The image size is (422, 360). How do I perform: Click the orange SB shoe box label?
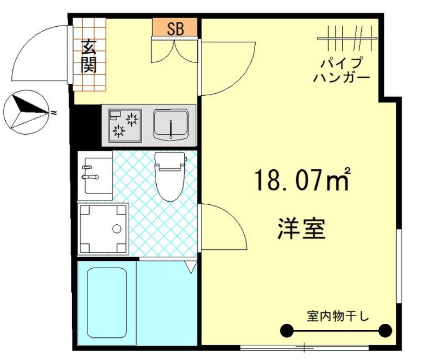coord(175,28)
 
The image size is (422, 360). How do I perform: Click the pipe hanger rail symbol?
coord(347,38)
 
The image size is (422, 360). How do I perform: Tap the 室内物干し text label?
coord(338,316)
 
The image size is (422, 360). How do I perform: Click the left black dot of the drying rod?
coord(286,330)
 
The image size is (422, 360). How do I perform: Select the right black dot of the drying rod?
coord(385,330)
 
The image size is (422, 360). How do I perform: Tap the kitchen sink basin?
coord(171,124)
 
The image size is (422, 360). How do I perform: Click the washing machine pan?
coord(104,228)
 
